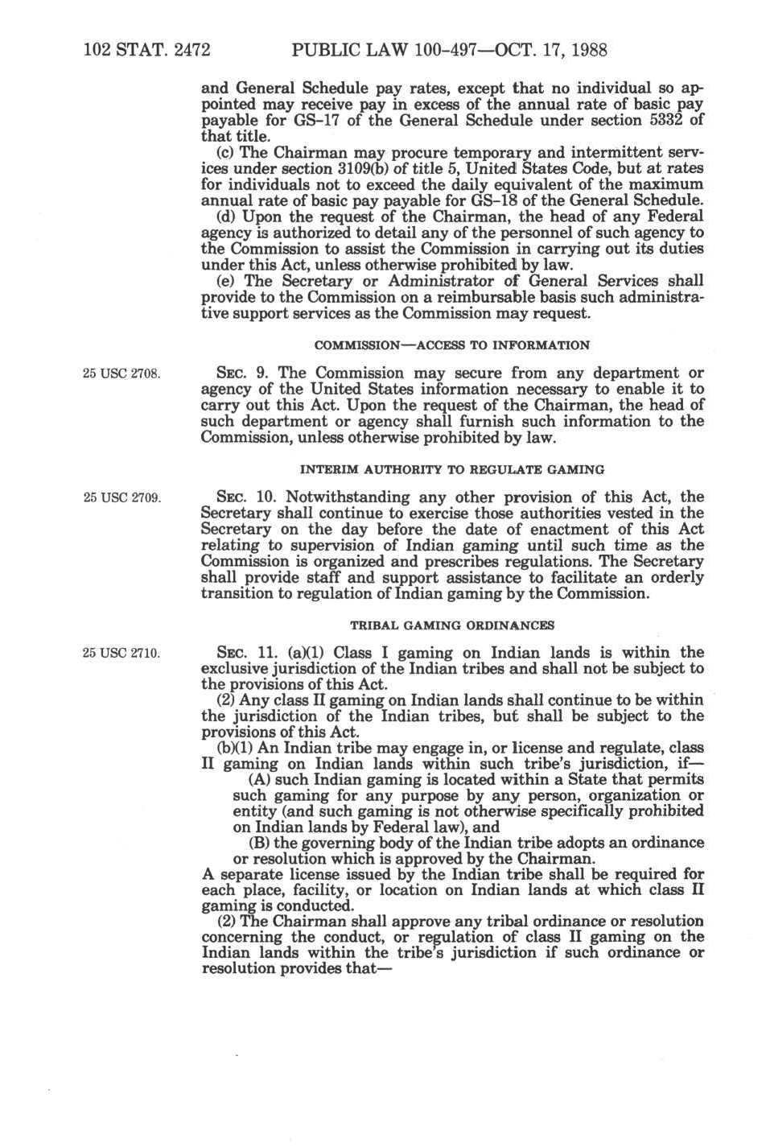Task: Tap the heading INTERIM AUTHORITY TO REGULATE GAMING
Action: point(451,469)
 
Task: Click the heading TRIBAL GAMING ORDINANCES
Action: point(451,625)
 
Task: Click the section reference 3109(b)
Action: point(352,169)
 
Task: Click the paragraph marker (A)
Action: point(259,779)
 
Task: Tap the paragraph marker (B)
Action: point(259,843)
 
